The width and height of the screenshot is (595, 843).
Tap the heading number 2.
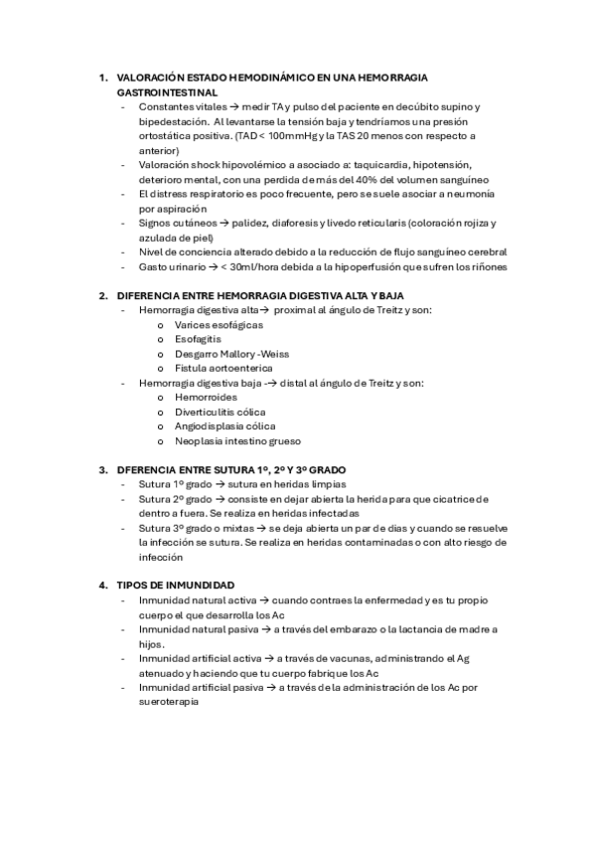102,295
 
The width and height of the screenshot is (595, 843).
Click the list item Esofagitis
198,339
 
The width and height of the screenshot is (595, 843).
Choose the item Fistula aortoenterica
223,368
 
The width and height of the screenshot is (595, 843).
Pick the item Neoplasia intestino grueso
237,440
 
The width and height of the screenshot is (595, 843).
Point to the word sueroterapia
169,702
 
